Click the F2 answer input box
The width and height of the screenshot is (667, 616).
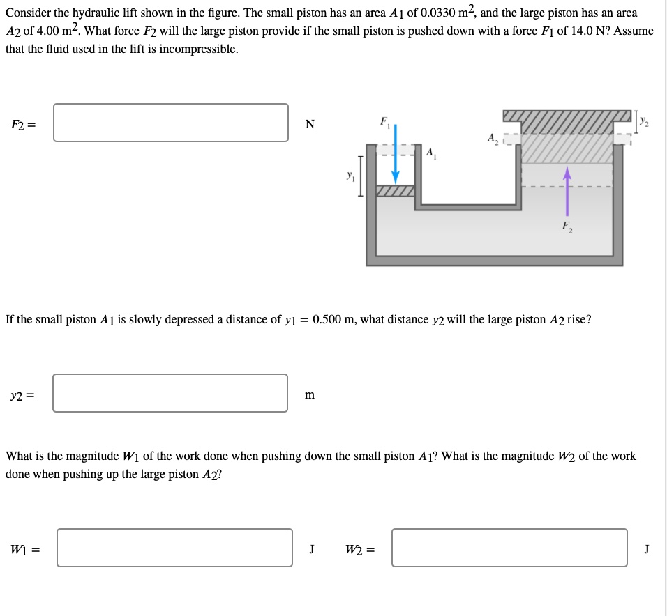pyautogui.click(x=171, y=123)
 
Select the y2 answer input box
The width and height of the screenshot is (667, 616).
pyautogui.click(x=170, y=393)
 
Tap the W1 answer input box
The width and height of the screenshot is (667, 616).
pyautogui.click(x=175, y=548)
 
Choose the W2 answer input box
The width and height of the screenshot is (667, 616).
pyautogui.click(x=509, y=548)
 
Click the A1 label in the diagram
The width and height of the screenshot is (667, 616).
pyautogui.click(x=430, y=153)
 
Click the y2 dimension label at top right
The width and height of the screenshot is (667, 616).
pyautogui.click(x=645, y=124)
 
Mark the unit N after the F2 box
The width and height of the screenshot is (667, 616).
pyautogui.click(x=310, y=125)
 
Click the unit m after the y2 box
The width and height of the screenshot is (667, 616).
pyautogui.click(x=310, y=395)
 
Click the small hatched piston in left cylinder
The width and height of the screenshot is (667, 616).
pyautogui.click(x=395, y=190)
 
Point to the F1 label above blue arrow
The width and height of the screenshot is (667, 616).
pyautogui.click(x=384, y=121)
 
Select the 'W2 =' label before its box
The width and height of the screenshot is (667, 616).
pyautogui.click(x=360, y=549)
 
